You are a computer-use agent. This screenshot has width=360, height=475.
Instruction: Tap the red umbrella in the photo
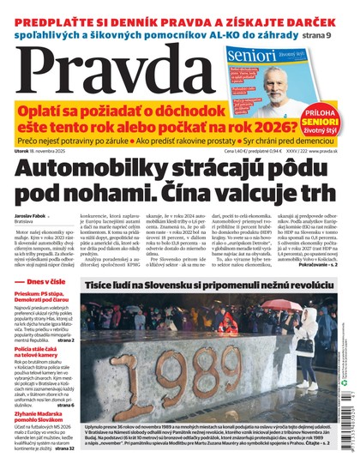pyautogui.click(x=226, y=321)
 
